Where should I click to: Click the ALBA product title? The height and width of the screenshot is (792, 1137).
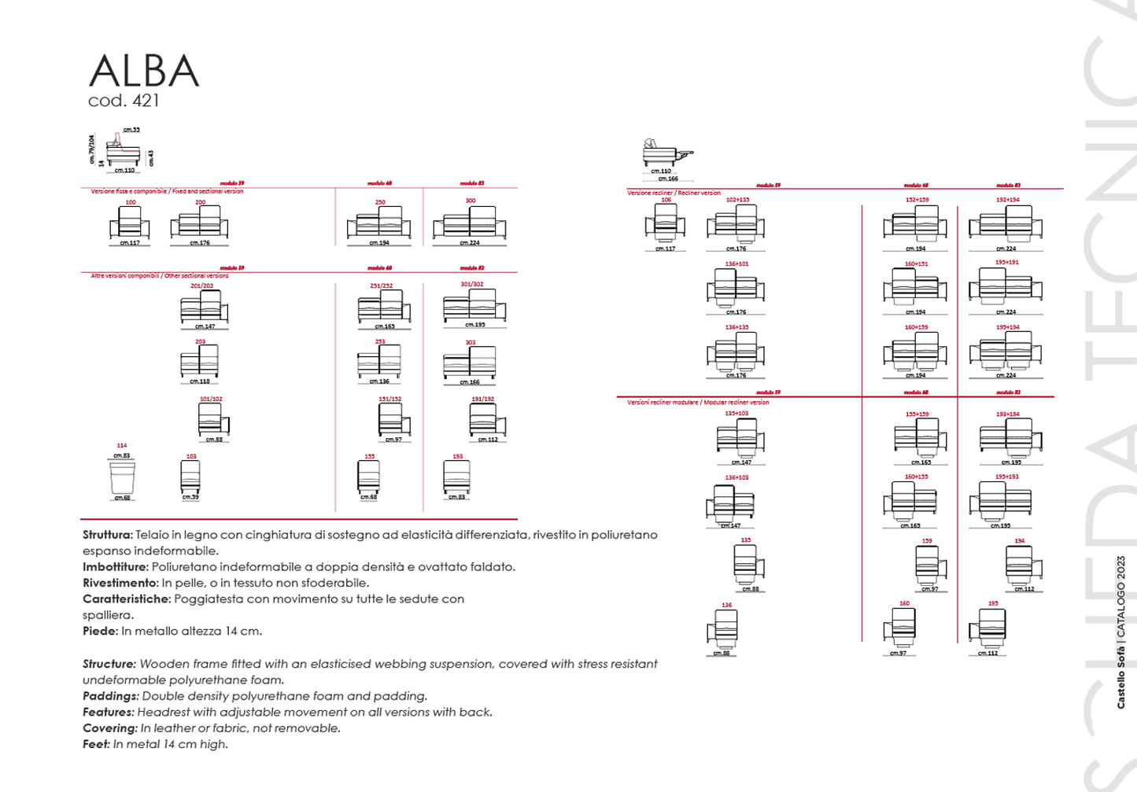coord(144,72)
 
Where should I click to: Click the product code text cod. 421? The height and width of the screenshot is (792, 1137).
coord(124,101)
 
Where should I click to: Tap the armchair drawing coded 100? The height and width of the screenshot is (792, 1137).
coord(130,223)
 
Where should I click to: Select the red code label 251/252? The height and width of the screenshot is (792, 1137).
coord(381,286)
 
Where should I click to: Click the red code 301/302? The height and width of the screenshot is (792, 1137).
coord(471,285)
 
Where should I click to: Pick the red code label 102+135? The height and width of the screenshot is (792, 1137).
coord(737,200)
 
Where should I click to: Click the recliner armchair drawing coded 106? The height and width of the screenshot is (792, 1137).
coord(665,224)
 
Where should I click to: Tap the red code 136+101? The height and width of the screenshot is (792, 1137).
coord(736,264)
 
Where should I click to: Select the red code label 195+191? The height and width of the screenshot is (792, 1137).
coord(1006,263)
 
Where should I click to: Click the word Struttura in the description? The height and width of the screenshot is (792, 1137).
coord(107,535)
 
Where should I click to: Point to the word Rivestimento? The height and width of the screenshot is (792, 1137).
coord(120,583)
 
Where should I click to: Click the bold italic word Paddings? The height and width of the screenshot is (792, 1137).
coord(110,696)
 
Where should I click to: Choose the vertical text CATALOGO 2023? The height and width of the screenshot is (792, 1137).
coord(1120,589)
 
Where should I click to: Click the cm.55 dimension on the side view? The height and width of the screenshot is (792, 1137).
coord(131,130)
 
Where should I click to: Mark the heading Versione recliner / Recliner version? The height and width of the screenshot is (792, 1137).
coord(674,193)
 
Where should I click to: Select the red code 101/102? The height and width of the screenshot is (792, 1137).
coord(211,399)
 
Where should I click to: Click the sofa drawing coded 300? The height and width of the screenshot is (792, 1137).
coord(470,223)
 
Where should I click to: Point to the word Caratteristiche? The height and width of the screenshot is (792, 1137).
coord(126,599)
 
